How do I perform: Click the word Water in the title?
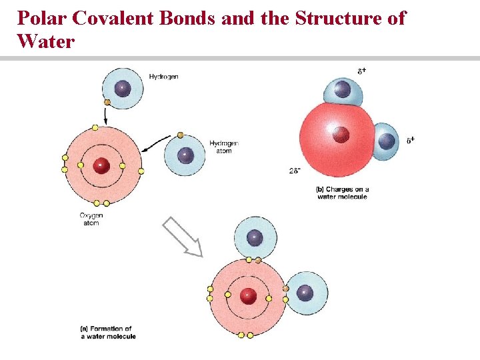pos(47,41)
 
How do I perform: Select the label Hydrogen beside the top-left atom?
pos(163,77)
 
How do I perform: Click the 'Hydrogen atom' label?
pos(223,147)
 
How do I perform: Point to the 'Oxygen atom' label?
pos(91,219)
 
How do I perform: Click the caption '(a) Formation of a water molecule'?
pos(108,333)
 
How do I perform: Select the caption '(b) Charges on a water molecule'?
pos(342,193)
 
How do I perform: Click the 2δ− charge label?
pos(295,171)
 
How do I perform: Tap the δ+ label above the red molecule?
pos(361,70)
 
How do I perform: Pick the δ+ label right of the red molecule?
pos(411,140)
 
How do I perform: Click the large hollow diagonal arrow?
pos(183,237)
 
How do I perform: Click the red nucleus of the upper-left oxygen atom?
pos(101,165)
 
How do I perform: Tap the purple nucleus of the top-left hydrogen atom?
pos(122,88)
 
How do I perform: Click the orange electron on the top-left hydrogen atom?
pos(107,103)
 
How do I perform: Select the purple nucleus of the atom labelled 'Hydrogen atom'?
pos(186,155)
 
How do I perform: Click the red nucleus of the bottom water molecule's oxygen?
pos(248,294)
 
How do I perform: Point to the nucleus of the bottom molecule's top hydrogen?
pos(255,237)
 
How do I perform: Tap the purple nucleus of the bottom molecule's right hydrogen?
pos(305,293)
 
